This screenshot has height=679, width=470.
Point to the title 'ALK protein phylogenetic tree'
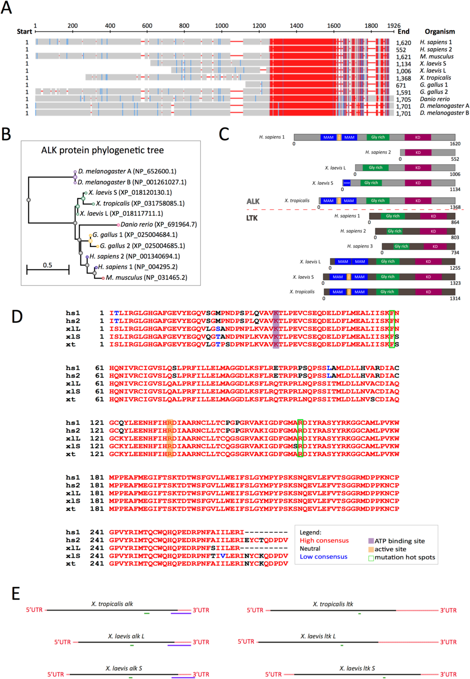point(102,150)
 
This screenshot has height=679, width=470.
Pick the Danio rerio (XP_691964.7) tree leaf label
point(158,225)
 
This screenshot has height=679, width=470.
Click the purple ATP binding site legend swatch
point(371,541)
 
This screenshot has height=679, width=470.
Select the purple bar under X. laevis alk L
point(179,645)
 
